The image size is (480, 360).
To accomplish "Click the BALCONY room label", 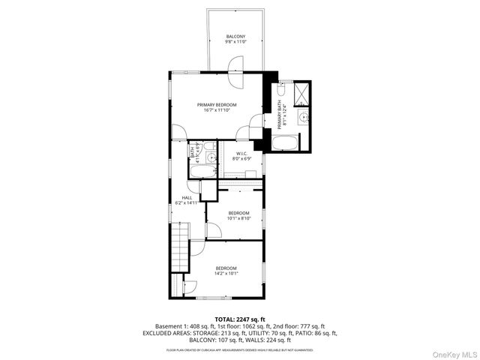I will point(235,37).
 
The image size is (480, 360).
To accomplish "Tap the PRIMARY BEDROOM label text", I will point(217,104).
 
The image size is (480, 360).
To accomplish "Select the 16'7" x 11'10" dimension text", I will point(217,110).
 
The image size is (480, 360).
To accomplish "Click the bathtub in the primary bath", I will point(285,144).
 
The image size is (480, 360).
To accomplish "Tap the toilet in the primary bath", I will point(279,88).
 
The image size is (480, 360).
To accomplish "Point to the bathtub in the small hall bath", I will point(201,172).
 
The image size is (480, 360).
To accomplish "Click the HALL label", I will point(186,197).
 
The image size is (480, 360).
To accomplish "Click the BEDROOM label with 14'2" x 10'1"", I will point(226,268).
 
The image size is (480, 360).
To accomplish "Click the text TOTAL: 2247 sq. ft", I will point(240,319).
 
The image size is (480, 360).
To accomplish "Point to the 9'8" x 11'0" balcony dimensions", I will point(235,43).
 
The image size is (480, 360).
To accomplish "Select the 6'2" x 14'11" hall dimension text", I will point(186,203).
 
